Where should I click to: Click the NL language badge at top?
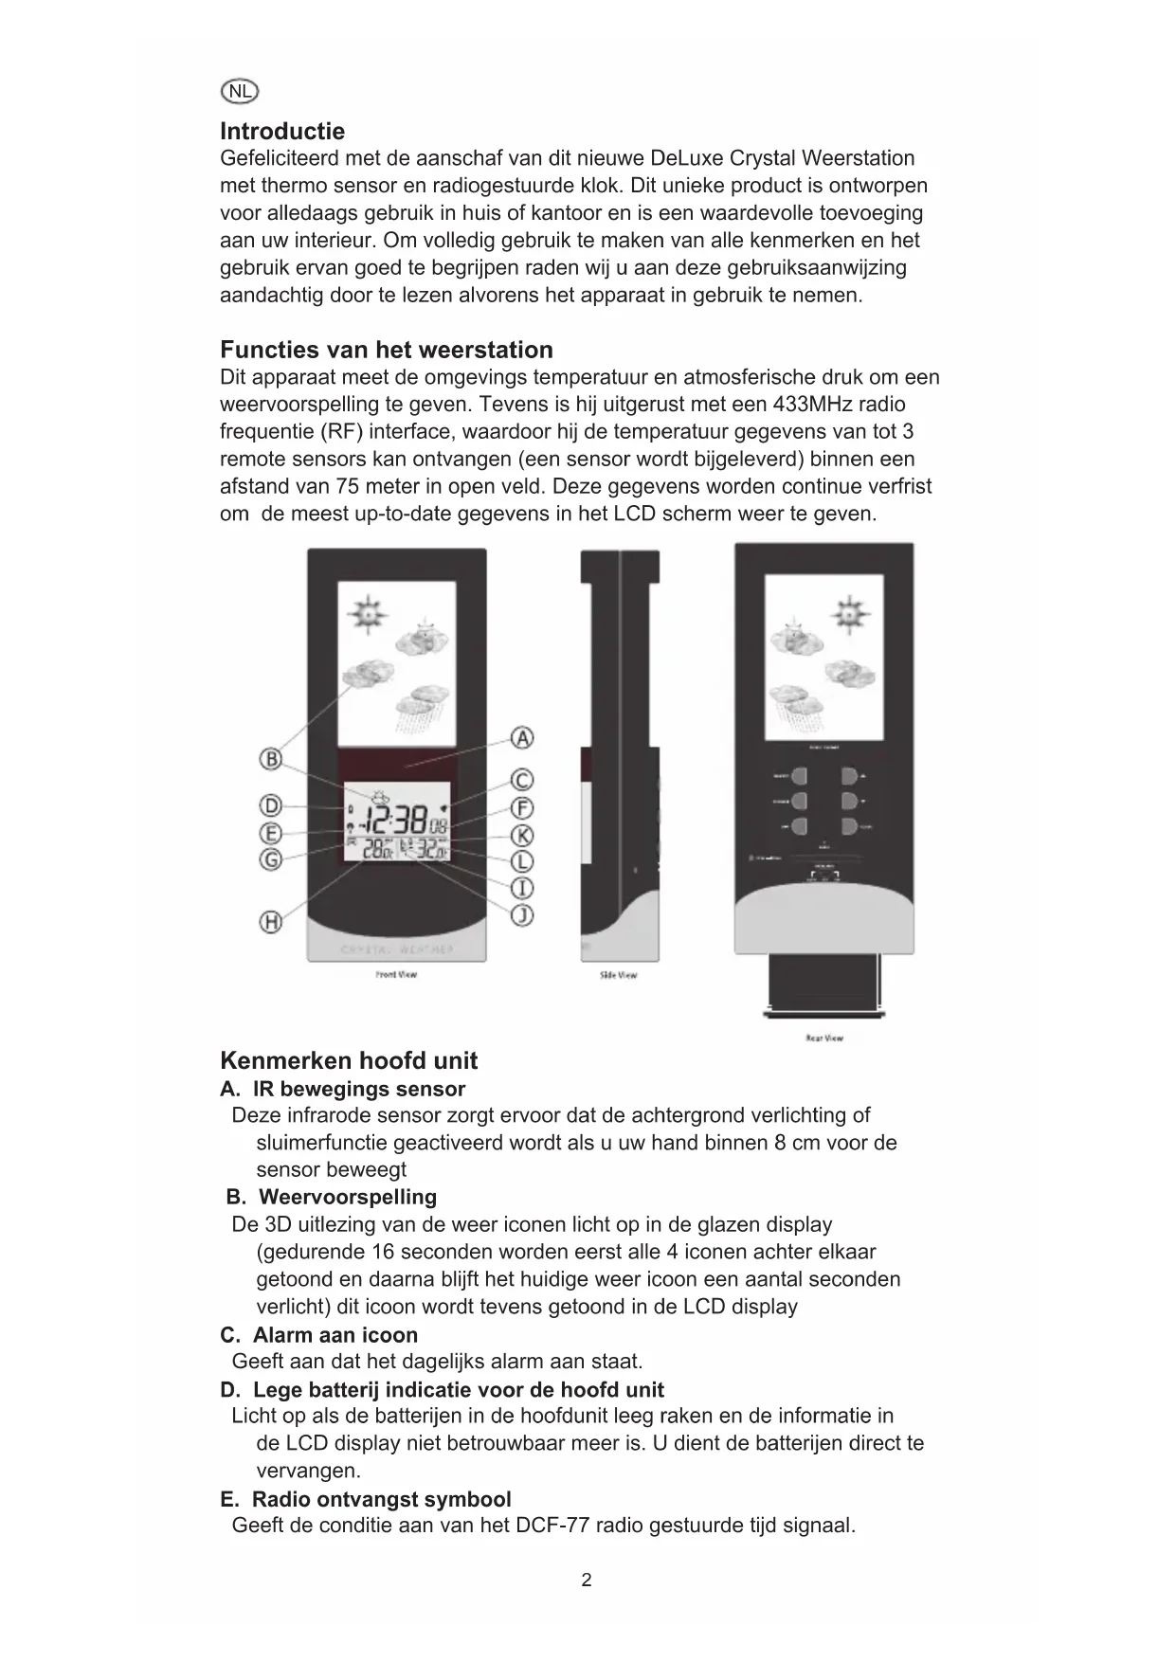tap(240, 91)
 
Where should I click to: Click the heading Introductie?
tap(282, 131)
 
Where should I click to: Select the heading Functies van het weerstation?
tap(387, 350)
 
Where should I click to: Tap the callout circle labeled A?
tap(522, 738)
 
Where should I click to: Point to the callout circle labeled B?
tap(271, 759)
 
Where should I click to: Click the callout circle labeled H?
tap(271, 921)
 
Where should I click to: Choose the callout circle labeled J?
tap(522, 914)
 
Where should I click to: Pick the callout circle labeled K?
tap(522, 835)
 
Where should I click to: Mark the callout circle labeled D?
tap(271, 806)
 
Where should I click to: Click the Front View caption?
tap(396, 974)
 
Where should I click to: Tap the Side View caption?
tap(618, 975)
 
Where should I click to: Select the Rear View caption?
tap(823, 1038)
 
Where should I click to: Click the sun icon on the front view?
tap(367, 614)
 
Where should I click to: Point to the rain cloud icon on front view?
tap(419, 705)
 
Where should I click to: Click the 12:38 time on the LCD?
tap(398, 821)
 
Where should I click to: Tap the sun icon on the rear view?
tap(850, 613)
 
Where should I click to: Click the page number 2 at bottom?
tap(587, 1580)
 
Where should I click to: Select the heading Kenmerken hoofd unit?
tap(349, 1060)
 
